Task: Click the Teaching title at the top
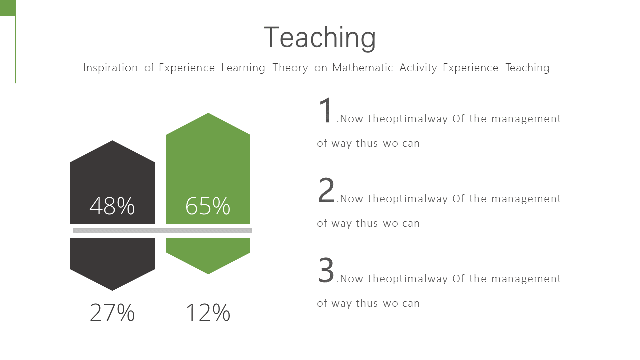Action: coord(319,38)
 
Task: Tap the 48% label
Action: coord(112,206)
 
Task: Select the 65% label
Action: coord(208,206)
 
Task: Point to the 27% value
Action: coord(112,313)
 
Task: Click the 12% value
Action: coord(208,313)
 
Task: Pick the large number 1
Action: coord(325,110)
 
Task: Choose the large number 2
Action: coord(326,190)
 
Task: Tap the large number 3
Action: coord(326,270)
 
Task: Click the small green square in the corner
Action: coord(7,8)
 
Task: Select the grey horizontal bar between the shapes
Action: coord(162,231)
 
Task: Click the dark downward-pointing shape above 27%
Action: coord(112,264)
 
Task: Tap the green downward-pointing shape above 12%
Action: coord(208,256)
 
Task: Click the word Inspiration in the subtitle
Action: coord(110,68)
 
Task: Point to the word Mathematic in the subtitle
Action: coord(362,68)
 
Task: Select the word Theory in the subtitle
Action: coord(290,68)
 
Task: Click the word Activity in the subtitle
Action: coord(418,68)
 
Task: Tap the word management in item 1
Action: coord(526,119)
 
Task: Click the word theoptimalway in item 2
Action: coord(408,199)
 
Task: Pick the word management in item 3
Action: coord(526,279)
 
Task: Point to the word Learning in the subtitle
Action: coord(243,68)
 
